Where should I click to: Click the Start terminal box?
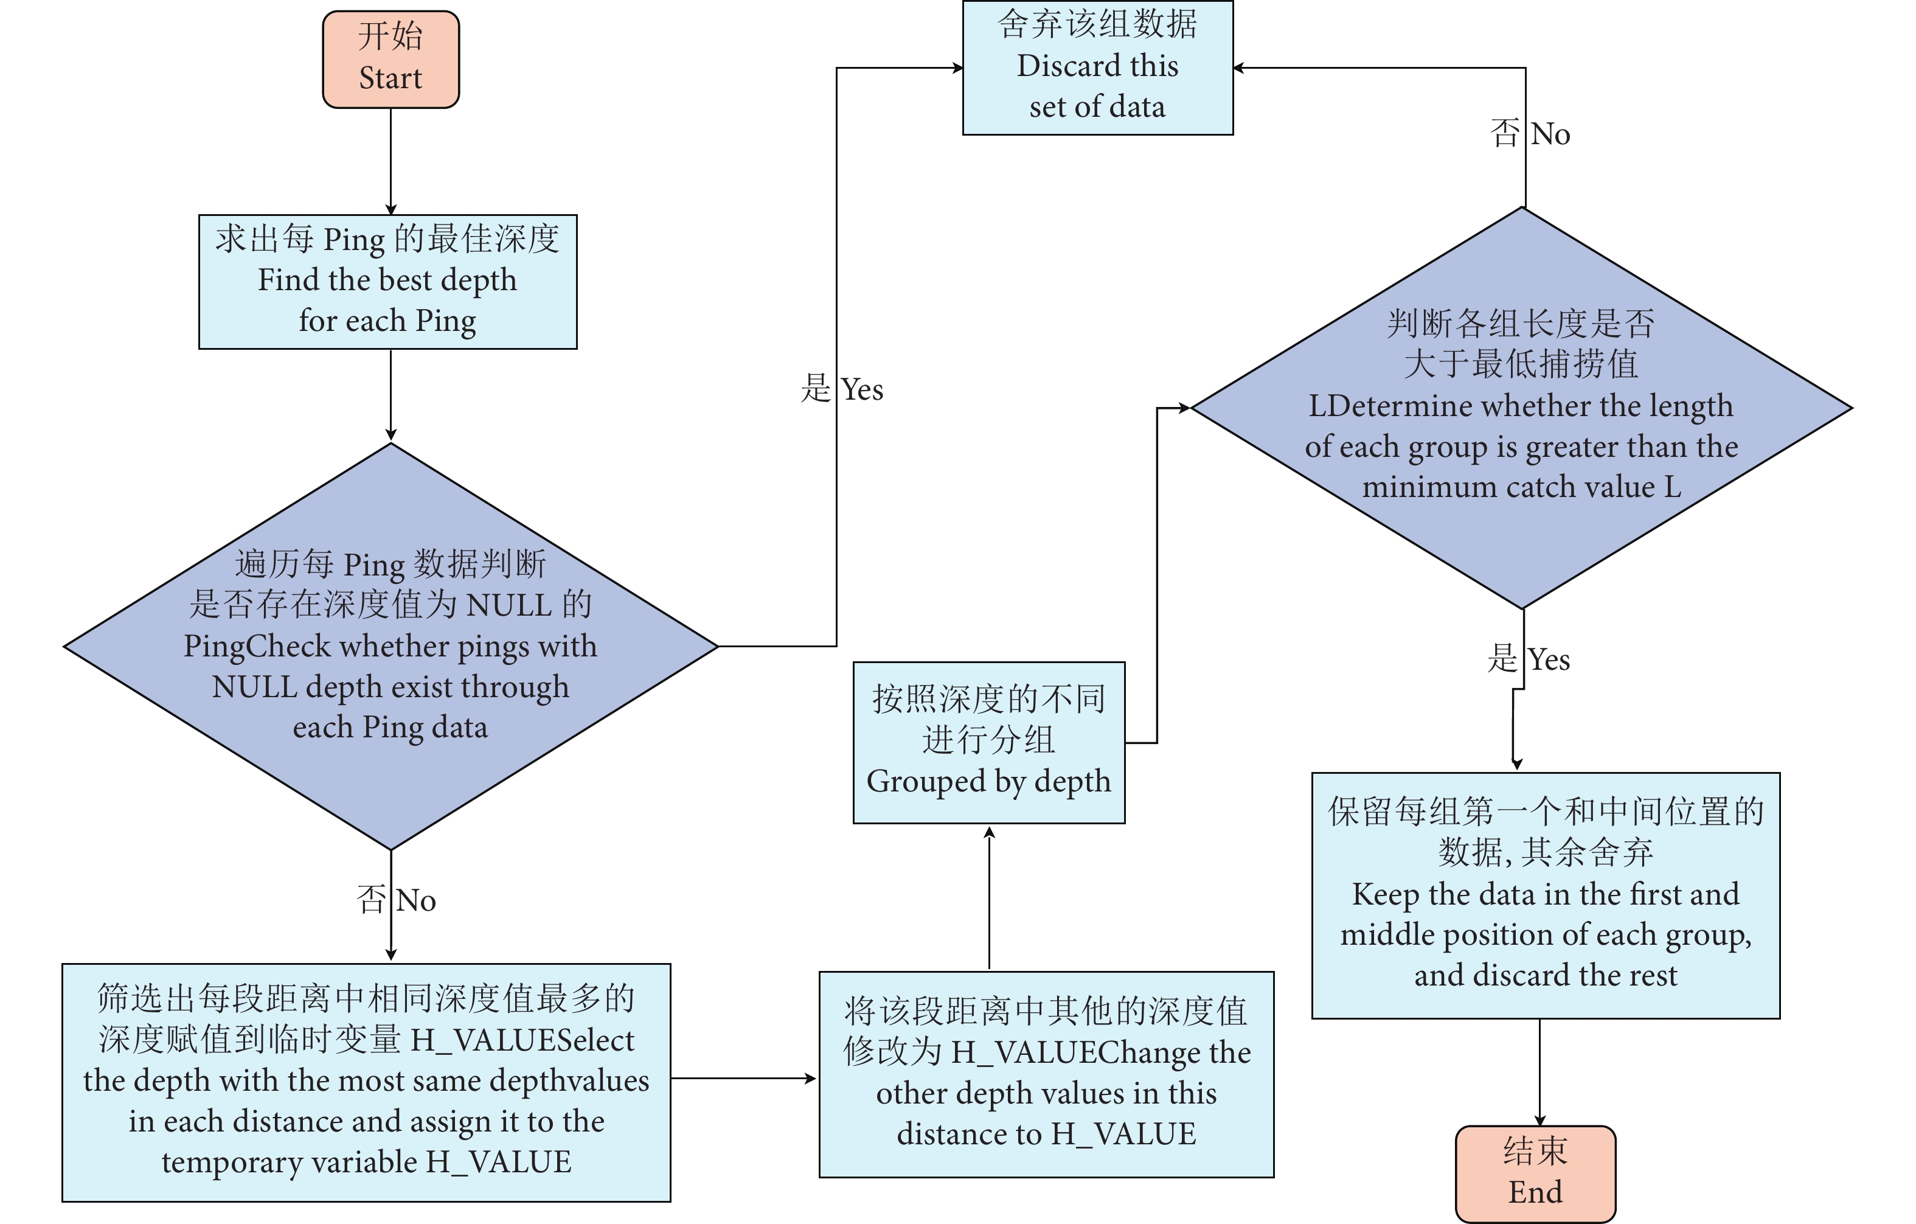[x=390, y=59]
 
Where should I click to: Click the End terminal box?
[x=1535, y=1172]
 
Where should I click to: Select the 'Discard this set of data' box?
[x=1097, y=68]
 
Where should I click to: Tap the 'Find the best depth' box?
[x=387, y=281]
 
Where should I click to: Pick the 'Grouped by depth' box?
[x=988, y=742]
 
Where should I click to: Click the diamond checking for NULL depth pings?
[x=390, y=645]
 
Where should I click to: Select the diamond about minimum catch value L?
[x=1521, y=408]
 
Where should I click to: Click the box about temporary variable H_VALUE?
[x=366, y=1082]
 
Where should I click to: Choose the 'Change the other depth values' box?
[x=1046, y=1074]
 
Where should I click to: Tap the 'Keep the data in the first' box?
[x=1545, y=894]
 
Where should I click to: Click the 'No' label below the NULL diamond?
[x=415, y=901]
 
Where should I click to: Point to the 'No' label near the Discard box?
[x=1550, y=134]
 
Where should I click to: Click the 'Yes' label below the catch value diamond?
[x=1549, y=659]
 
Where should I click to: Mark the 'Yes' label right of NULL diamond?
[x=862, y=390]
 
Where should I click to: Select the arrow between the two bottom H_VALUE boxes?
[x=744, y=1079]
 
